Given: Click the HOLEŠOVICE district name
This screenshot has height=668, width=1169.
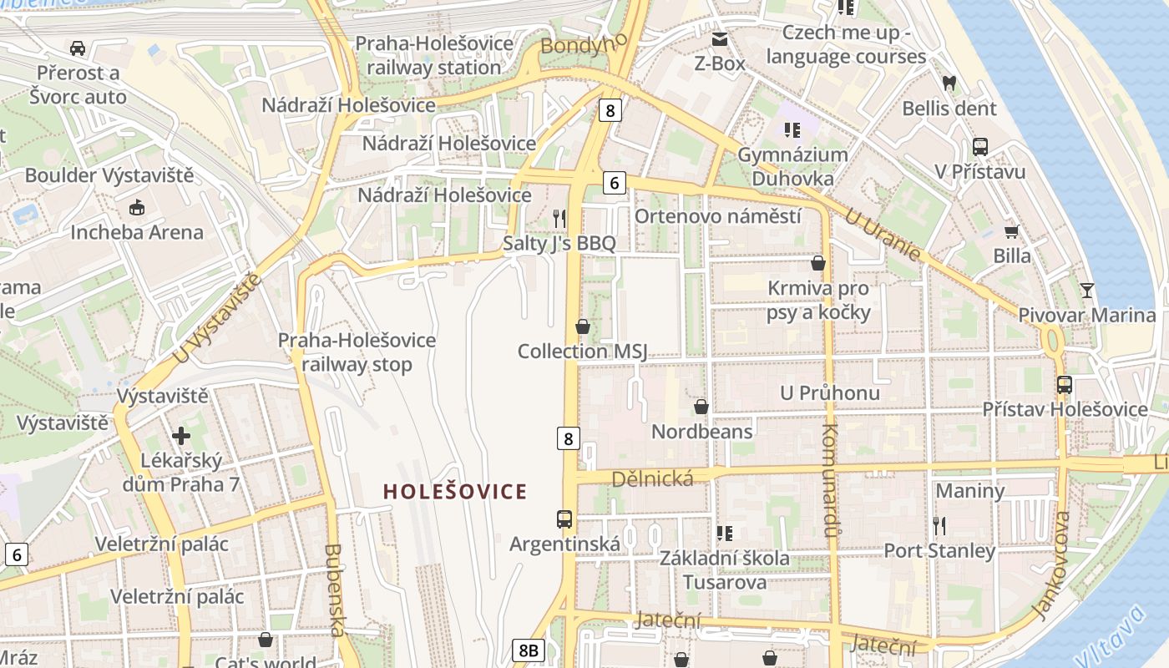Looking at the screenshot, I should point(455,492).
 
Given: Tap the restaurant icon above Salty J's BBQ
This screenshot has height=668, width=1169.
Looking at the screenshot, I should point(559,219).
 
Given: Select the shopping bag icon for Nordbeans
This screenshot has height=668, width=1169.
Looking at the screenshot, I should point(701,407).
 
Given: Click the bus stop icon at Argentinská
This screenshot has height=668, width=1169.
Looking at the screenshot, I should point(564,519).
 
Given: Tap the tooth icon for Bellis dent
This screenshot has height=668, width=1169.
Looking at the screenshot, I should point(949,83).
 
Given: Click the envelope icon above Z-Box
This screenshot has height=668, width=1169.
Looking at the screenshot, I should point(720,39).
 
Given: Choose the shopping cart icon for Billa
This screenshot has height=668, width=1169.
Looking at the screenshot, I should point(1012,231).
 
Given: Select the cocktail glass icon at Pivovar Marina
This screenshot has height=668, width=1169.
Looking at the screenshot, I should point(1086,291).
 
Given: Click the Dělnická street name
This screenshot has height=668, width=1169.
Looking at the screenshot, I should point(653,478).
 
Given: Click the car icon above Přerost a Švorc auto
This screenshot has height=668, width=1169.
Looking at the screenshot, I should point(78,48).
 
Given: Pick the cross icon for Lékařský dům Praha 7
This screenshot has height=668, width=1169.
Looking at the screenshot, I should point(181,436).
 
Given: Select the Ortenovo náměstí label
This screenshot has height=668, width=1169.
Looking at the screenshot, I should point(718,216).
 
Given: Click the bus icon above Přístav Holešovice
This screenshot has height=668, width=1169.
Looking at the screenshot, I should point(1065,385).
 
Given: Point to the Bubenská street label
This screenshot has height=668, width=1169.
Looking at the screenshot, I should point(334,590).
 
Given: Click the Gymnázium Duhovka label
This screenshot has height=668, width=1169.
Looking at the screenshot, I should point(792,166).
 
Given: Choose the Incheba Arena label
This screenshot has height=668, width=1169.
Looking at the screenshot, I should point(137,232).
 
